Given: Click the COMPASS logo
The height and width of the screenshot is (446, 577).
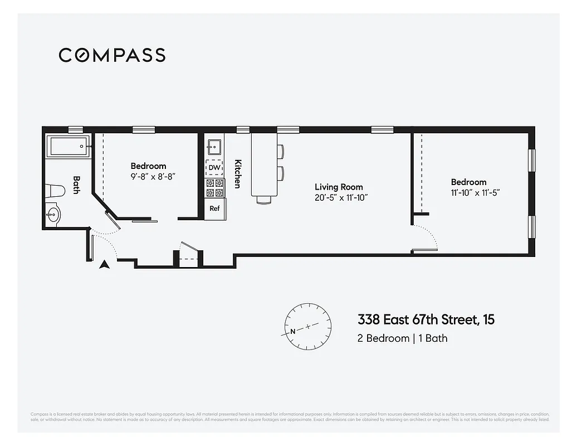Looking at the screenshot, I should pyautogui.click(x=112, y=55).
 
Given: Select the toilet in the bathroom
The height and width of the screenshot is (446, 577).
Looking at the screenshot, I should pyautogui.click(x=56, y=191).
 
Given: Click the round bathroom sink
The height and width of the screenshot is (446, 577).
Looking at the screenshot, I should pyautogui.click(x=53, y=215).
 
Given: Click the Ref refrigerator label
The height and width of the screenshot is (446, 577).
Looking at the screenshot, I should pyautogui.click(x=214, y=209).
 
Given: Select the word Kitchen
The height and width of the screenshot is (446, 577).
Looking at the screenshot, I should pyautogui.click(x=237, y=174).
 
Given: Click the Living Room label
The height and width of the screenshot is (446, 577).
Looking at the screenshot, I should pyautogui.click(x=339, y=187).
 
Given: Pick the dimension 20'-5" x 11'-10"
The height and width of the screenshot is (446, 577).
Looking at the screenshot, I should pyautogui.click(x=341, y=197).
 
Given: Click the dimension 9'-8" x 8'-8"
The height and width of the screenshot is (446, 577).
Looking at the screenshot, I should pyautogui.click(x=148, y=176).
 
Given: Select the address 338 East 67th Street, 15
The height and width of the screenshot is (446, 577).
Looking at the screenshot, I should pyautogui.click(x=426, y=320).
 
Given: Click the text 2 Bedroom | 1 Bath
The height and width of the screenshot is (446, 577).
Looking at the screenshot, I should pyautogui.click(x=402, y=338).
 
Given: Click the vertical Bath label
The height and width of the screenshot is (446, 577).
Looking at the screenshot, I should pyautogui.click(x=77, y=185).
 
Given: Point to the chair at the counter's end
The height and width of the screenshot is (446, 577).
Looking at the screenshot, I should pyautogui.click(x=263, y=199).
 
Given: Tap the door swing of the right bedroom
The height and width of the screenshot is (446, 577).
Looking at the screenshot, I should pyautogui.click(x=426, y=237).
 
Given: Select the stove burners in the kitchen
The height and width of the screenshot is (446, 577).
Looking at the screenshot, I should pyautogui.click(x=214, y=188).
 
